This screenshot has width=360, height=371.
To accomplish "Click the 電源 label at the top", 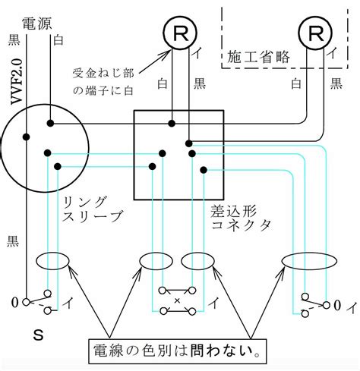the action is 37,24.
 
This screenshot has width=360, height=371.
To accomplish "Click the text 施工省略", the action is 258,57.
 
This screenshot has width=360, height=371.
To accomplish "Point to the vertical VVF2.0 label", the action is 17,81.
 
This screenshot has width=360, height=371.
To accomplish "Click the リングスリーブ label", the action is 92,209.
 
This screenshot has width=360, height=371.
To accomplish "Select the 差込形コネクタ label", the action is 241,218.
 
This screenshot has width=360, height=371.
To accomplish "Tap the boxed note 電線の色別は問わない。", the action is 177,351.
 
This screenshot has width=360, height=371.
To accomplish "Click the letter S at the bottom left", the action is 39,335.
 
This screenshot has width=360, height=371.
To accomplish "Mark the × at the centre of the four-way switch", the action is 177,300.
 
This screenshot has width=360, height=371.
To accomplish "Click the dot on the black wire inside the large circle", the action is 26,137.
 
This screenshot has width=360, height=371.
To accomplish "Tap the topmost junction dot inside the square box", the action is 172,124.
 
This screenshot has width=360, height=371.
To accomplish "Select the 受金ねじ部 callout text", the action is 103,74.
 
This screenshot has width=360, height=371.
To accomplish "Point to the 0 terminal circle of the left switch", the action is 26,302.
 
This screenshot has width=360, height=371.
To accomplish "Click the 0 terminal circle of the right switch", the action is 327,305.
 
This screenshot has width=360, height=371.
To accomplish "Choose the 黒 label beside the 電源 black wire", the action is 14,40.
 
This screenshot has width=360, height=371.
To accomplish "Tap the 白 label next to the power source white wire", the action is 58,40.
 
